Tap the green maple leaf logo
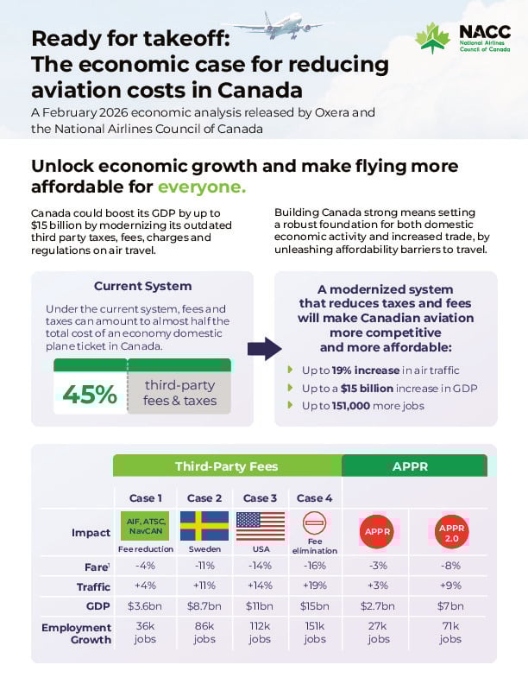432,38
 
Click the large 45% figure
90,394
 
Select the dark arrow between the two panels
264,348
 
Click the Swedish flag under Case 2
204,526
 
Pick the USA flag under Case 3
260,526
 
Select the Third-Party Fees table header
227,466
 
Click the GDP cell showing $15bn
315,605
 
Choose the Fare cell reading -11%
204,566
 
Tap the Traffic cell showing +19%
315,586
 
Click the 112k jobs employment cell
260,633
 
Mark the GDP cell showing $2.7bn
378,605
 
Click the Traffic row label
90,586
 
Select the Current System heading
142,286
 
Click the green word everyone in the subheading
202,187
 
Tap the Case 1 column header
146,498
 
